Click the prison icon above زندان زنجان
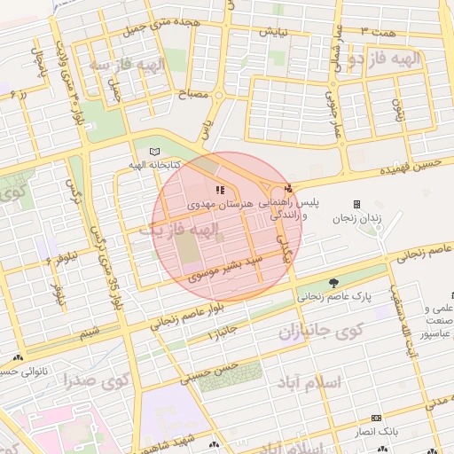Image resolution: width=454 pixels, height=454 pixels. point(356,204)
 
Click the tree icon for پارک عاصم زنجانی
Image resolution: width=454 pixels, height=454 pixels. point(333,283)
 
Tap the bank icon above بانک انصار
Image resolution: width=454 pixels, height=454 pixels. point(377,418)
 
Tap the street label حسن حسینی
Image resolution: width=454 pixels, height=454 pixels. point(210,372)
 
